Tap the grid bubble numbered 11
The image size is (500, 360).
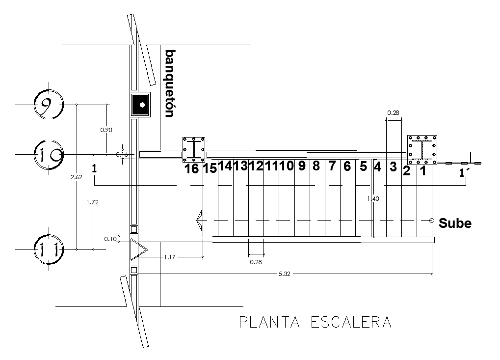tap(49, 249)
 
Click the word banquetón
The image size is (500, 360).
tap(169, 83)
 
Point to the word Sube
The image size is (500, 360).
tap(455, 223)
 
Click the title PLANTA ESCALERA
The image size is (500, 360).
tap(315, 322)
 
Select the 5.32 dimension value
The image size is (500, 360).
tap(285, 274)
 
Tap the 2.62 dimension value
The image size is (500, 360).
tap(76, 177)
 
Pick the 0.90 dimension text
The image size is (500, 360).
tap(106, 130)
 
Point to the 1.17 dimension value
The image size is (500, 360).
tap(171, 257)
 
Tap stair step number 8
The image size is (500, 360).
tap(316, 166)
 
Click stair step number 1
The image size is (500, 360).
tap(422, 171)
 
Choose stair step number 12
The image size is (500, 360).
tap(256, 166)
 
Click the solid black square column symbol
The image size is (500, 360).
tap(142, 105)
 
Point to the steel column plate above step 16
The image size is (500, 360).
tap(194, 149)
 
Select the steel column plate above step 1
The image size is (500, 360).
tap(421, 149)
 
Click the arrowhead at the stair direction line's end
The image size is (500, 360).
tap(200, 221)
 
